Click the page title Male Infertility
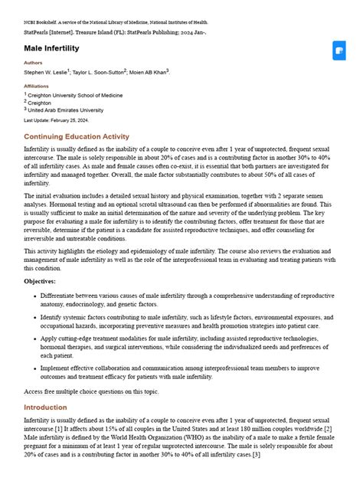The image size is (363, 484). point(51,48)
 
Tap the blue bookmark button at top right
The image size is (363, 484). point(339,51)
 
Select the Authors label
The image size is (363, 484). point(34,63)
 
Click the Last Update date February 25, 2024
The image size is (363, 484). point(56,120)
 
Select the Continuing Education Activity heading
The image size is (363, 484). point(77,136)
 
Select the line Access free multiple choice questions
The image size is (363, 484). point(91,391)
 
